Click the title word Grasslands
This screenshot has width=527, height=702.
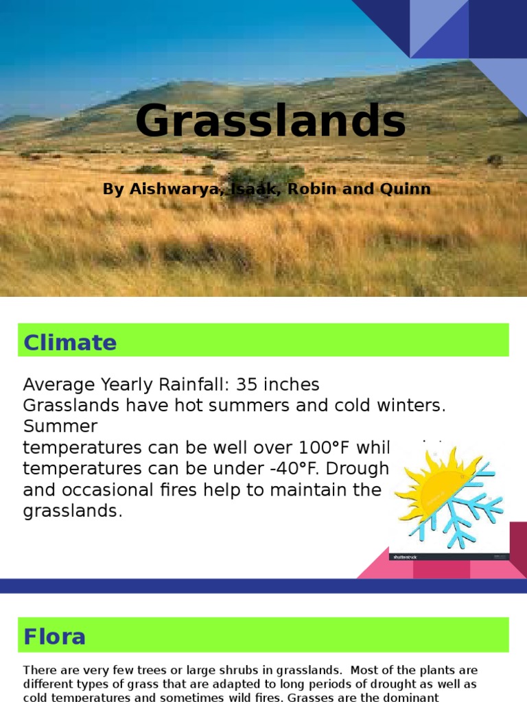pyautogui.click(x=270, y=121)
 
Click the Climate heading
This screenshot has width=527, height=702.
pyautogui.click(x=70, y=342)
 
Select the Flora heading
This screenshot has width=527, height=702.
pyautogui.click(x=55, y=636)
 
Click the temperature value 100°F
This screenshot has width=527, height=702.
pyautogui.click(x=324, y=448)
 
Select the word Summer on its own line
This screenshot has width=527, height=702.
pyautogui.click(x=60, y=426)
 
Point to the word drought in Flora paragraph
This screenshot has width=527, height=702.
pyautogui.click(x=389, y=684)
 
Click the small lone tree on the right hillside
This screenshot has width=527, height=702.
pyautogui.click(x=494, y=160)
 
